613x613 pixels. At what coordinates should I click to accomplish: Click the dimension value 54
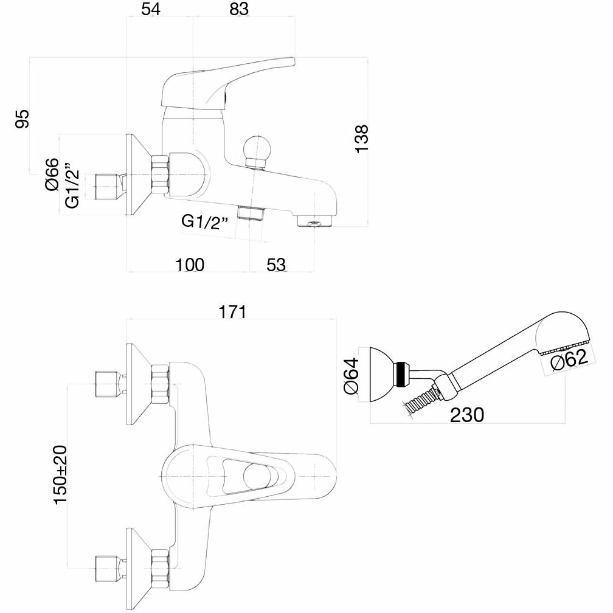[151, 10]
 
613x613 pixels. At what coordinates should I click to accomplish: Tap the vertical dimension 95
[22, 119]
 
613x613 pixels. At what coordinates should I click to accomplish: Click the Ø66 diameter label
[52, 174]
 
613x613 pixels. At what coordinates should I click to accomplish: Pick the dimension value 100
[190, 265]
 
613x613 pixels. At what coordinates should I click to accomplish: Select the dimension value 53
[275, 265]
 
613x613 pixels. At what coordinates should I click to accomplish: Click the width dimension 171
[232, 312]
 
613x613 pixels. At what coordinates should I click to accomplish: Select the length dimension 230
[467, 415]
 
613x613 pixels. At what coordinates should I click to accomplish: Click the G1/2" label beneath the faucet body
[204, 221]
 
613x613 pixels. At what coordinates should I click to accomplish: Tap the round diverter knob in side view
[255, 149]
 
